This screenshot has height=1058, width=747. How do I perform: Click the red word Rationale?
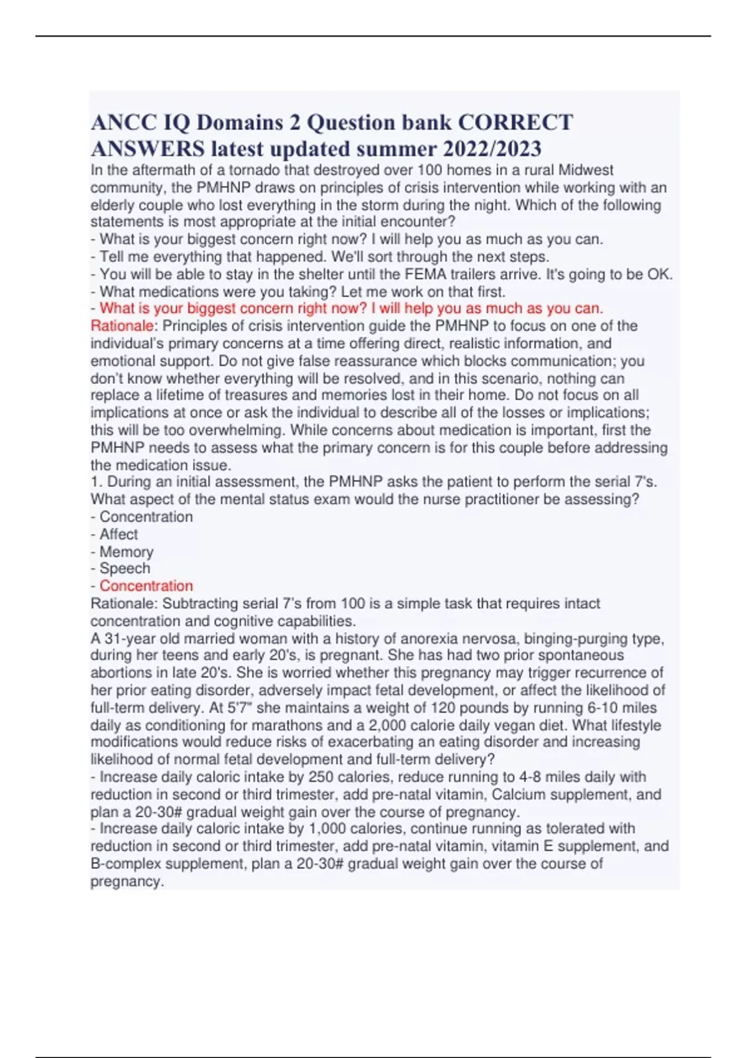[x=122, y=326]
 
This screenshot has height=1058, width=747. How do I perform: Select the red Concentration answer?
[x=146, y=586]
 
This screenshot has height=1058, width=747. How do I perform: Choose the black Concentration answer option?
[x=146, y=517]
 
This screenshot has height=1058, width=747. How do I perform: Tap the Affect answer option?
[x=119, y=535]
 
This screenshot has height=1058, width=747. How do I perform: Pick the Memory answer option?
[x=126, y=552]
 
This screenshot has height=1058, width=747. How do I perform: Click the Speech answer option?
[x=125, y=569]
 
